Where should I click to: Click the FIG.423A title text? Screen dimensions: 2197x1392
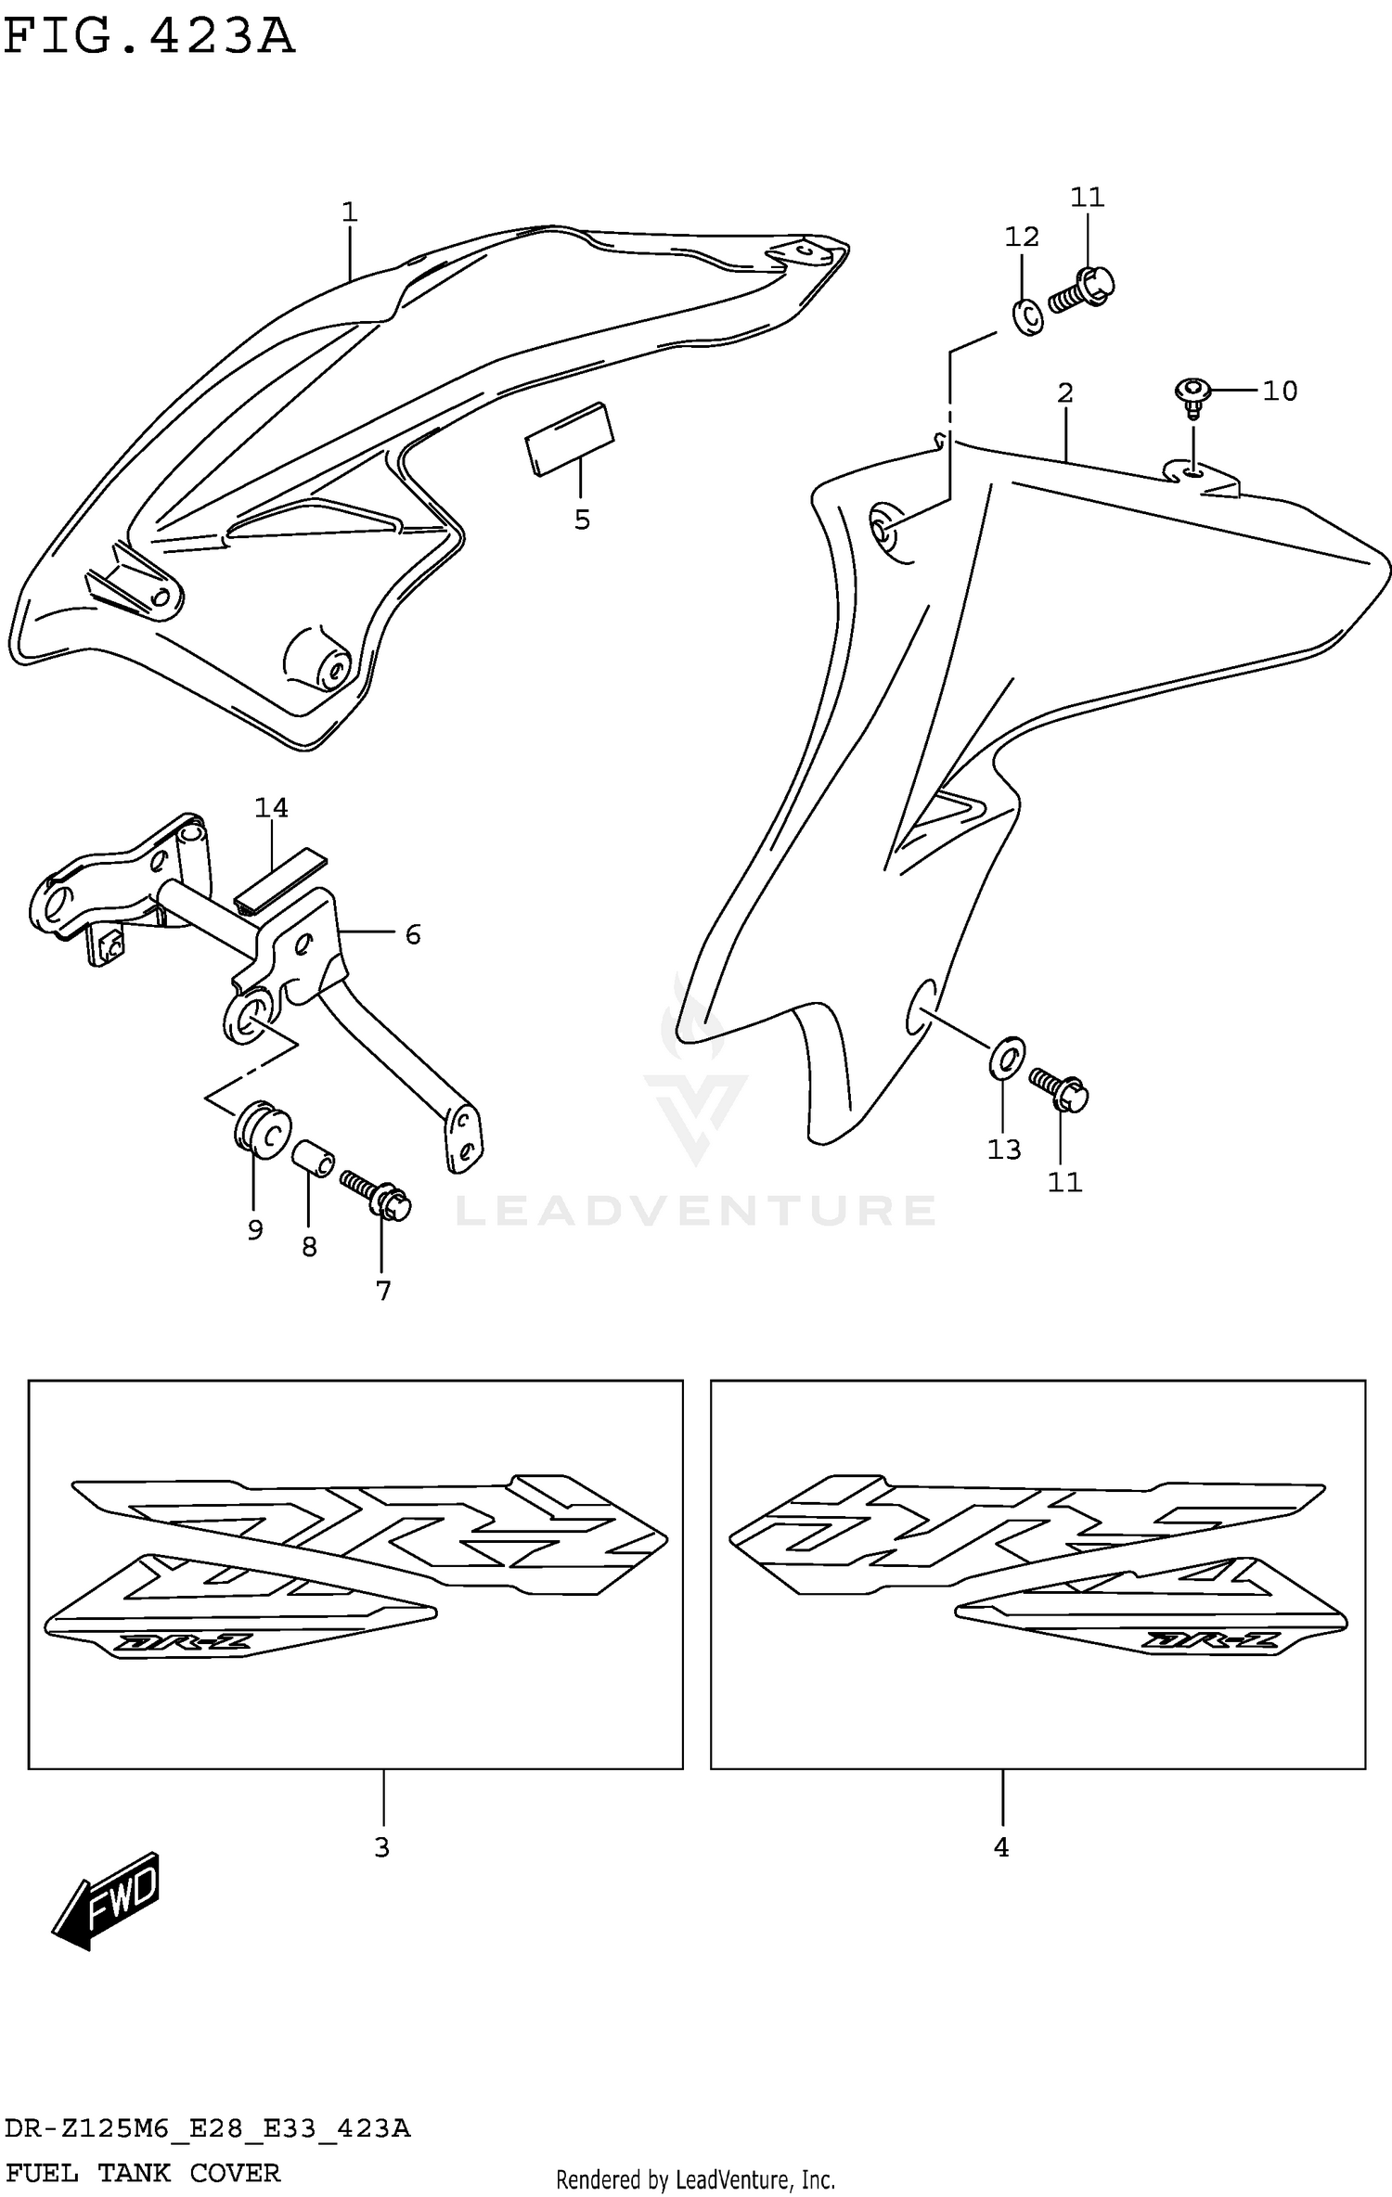click(148, 37)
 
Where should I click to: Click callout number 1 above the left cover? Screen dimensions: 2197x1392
click(349, 212)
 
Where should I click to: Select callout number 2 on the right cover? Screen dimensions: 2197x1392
click(1064, 393)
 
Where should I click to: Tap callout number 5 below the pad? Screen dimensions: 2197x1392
click(582, 520)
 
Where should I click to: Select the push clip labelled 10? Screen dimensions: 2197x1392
click(1192, 393)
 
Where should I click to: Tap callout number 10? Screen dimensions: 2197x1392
click(1280, 391)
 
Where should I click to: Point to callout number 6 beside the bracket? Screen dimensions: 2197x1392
click(413, 934)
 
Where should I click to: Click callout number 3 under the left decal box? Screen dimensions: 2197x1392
click(381, 1847)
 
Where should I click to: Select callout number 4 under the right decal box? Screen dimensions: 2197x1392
click(1000, 1847)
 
